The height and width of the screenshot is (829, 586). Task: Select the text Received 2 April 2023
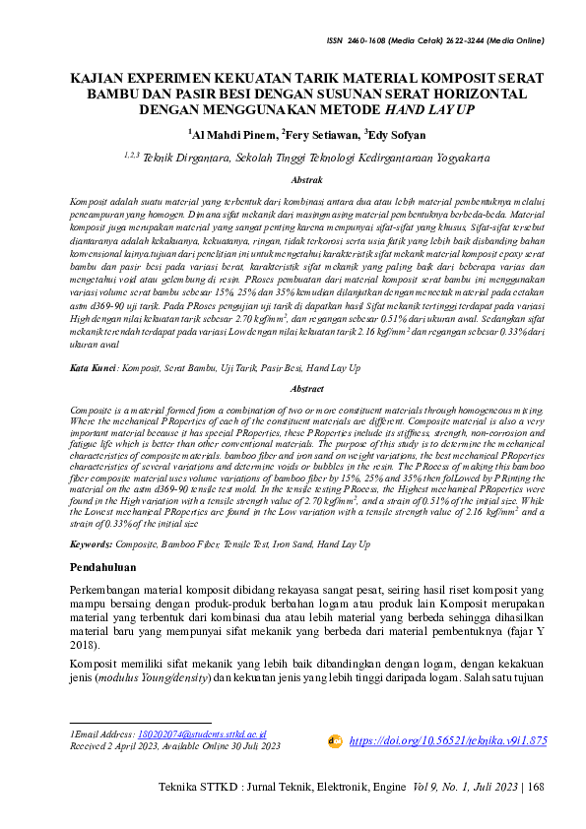click(112, 745)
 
